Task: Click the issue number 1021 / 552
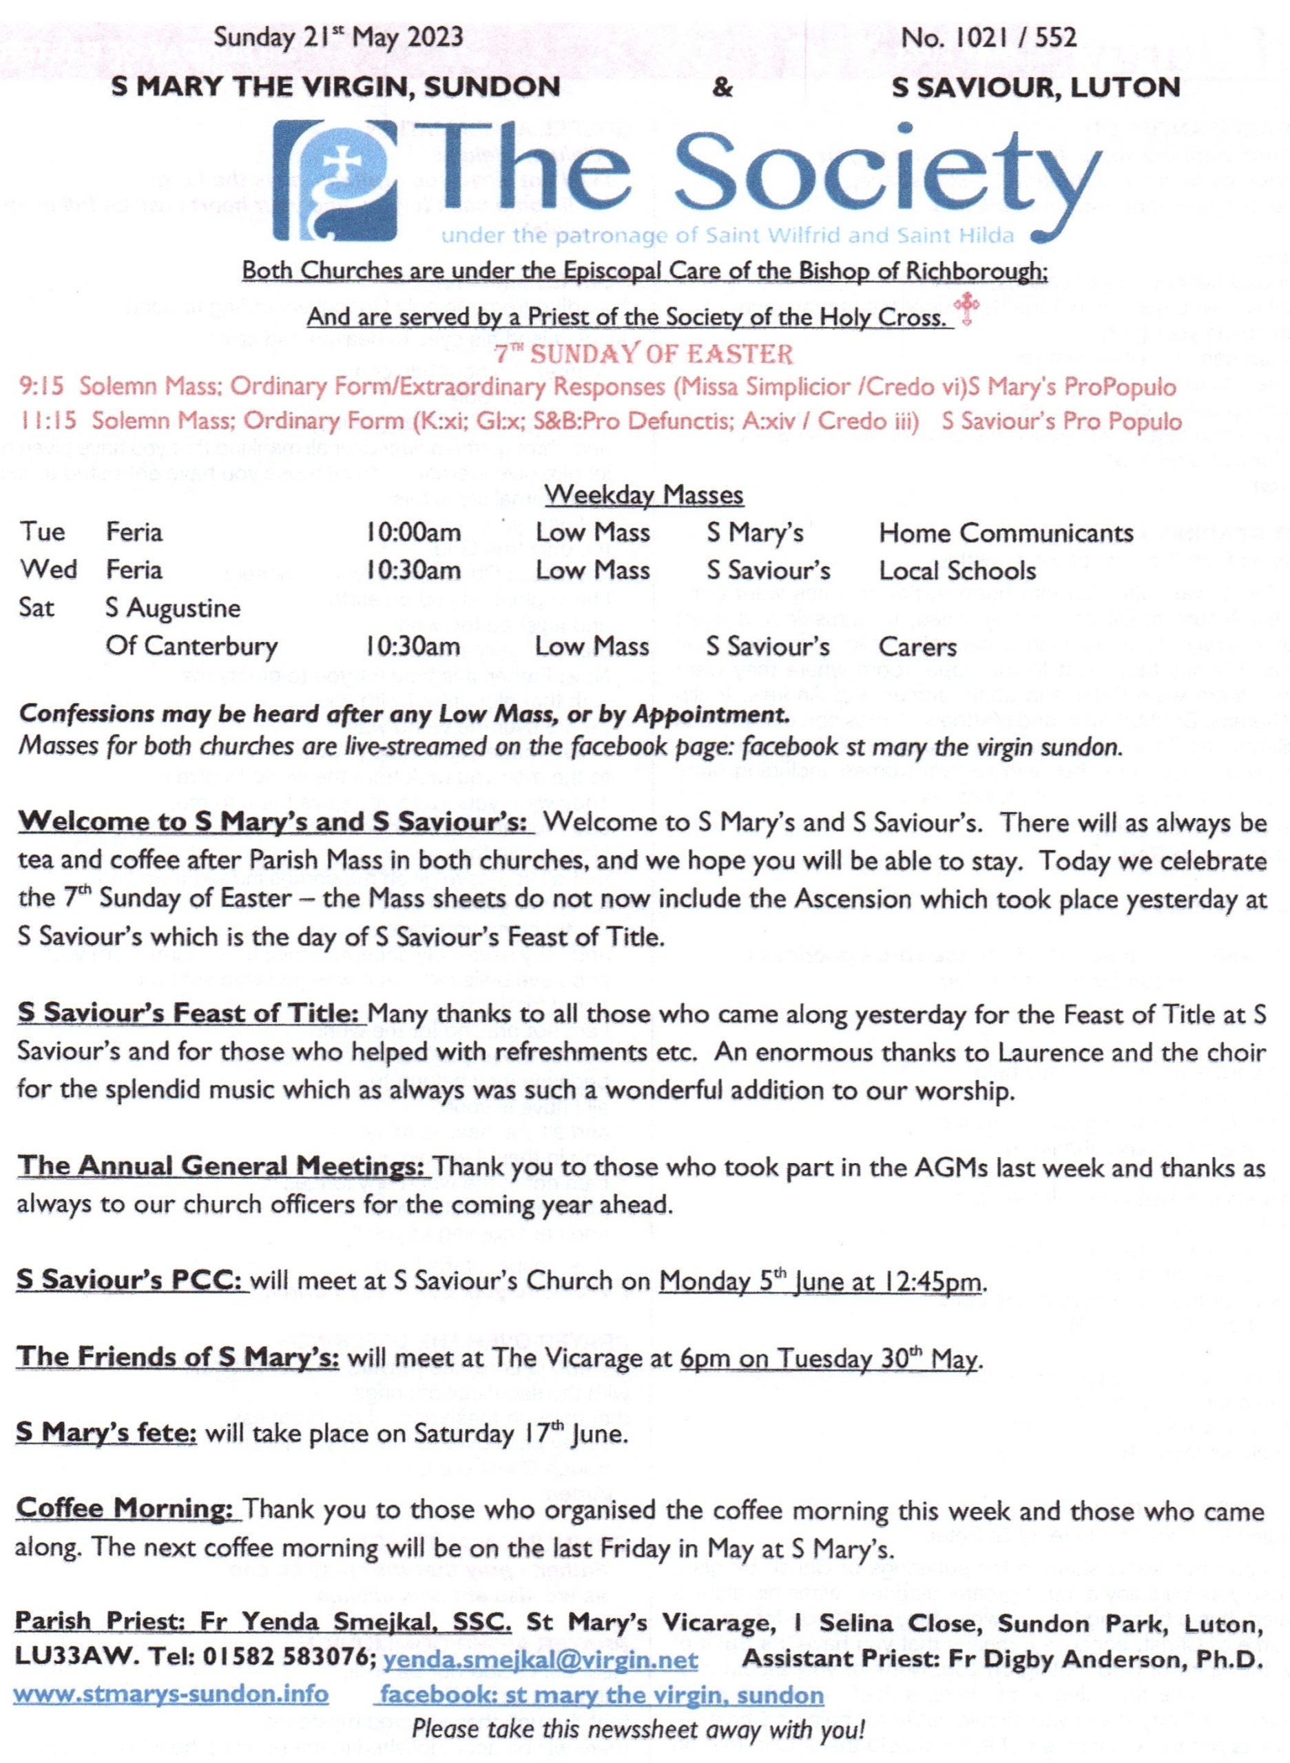988,36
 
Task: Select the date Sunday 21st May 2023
338,36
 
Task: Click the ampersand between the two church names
723,87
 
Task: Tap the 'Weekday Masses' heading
644,494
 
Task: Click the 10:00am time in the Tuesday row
413,533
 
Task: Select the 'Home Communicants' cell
1006,533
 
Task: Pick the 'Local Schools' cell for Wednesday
957,571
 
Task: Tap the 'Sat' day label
37,607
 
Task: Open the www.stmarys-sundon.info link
171,1695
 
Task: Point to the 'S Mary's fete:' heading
107,1434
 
